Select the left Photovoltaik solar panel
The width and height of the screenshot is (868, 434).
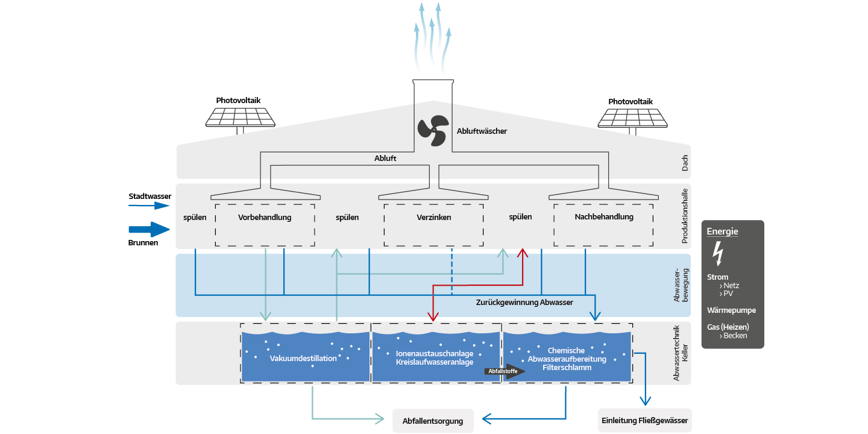[x=240, y=117]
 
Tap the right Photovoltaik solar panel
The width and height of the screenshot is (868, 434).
[x=632, y=117]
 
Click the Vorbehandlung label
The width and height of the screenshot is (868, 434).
[x=265, y=218]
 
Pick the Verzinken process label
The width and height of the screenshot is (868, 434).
[x=433, y=218]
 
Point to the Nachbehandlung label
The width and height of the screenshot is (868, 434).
[x=603, y=217]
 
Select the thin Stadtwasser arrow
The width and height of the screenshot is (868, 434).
[x=149, y=206]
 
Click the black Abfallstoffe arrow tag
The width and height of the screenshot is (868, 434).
[x=505, y=371]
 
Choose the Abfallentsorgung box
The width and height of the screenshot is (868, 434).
[x=433, y=421]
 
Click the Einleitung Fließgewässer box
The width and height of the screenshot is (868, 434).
[x=644, y=421]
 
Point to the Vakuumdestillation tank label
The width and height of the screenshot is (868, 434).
[x=303, y=359]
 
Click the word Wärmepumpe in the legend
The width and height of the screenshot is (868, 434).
[x=731, y=310]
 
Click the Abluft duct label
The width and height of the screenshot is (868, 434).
[x=385, y=158]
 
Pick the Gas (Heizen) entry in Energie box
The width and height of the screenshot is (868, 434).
[x=728, y=327]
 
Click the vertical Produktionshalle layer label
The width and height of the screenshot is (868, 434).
[x=685, y=216]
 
